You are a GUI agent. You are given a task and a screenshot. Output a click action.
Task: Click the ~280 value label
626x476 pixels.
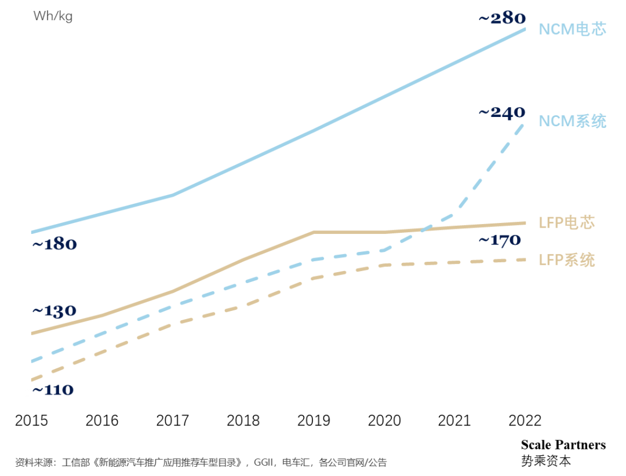tap(502, 19)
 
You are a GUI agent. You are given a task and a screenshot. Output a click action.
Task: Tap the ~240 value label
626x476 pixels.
tap(502, 112)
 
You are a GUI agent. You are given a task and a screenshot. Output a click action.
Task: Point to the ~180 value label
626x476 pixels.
tap(54, 244)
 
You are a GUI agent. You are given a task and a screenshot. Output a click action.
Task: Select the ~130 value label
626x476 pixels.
tap(54, 312)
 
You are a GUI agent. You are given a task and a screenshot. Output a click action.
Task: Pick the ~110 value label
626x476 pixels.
tap(52, 390)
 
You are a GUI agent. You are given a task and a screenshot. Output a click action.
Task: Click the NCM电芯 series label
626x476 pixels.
tap(573, 30)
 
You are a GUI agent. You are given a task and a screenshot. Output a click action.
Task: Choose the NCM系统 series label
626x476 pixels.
tap(573, 121)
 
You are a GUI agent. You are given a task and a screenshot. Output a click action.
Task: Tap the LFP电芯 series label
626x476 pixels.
tap(567, 222)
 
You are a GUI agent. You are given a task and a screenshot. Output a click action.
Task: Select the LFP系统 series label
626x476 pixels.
tap(567, 260)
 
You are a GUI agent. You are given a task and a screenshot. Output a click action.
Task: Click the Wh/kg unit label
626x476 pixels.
tap(53, 16)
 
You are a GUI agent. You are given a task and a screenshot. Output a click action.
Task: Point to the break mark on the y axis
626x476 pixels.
tap(31, 393)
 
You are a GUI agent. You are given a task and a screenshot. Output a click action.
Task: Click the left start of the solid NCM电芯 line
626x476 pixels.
tap(32, 232)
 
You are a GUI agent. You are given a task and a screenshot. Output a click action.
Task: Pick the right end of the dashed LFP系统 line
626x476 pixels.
tap(525, 260)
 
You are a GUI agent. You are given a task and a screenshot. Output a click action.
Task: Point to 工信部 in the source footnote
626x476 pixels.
tap(74, 463)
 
